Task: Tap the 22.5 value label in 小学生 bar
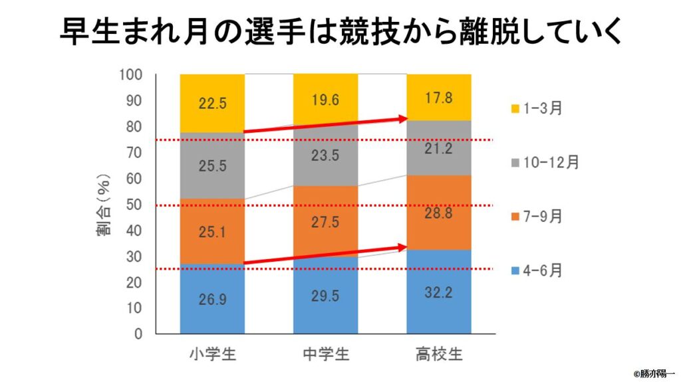pyautogui.click(x=212, y=104)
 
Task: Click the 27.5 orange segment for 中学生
pyautogui.click(x=325, y=222)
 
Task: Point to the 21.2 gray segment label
pyautogui.click(x=439, y=148)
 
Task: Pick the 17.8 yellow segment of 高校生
pyautogui.click(x=439, y=97)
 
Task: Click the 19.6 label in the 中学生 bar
pyautogui.click(x=325, y=100)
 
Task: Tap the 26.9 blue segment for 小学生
pyautogui.click(x=212, y=298)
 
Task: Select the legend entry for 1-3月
pyautogui.click(x=537, y=108)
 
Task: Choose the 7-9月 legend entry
pyautogui.click(x=537, y=216)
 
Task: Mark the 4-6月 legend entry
pyautogui.click(x=537, y=270)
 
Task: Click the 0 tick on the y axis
pyautogui.click(x=138, y=334)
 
